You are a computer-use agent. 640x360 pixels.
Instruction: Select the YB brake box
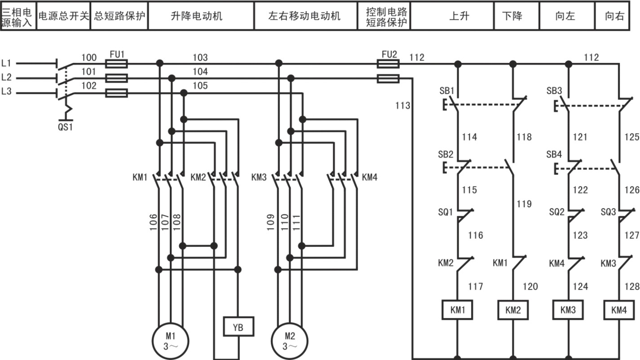[x=238, y=327]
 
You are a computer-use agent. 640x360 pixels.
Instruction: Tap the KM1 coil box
[x=458, y=310]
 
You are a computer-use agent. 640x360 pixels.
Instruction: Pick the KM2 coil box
[x=513, y=310]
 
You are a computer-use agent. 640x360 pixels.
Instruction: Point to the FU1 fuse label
[x=117, y=54]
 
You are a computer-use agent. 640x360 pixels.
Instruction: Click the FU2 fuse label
[x=389, y=54]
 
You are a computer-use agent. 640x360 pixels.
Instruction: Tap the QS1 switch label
[x=65, y=127]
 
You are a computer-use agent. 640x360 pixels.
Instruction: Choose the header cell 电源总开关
[x=64, y=16]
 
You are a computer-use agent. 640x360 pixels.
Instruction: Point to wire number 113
[x=402, y=106]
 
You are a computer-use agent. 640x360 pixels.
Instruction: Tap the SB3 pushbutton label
[x=554, y=91]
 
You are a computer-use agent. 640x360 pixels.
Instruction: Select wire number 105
[x=200, y=85]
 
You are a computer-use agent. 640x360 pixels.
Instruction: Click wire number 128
[x=631, y=286]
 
